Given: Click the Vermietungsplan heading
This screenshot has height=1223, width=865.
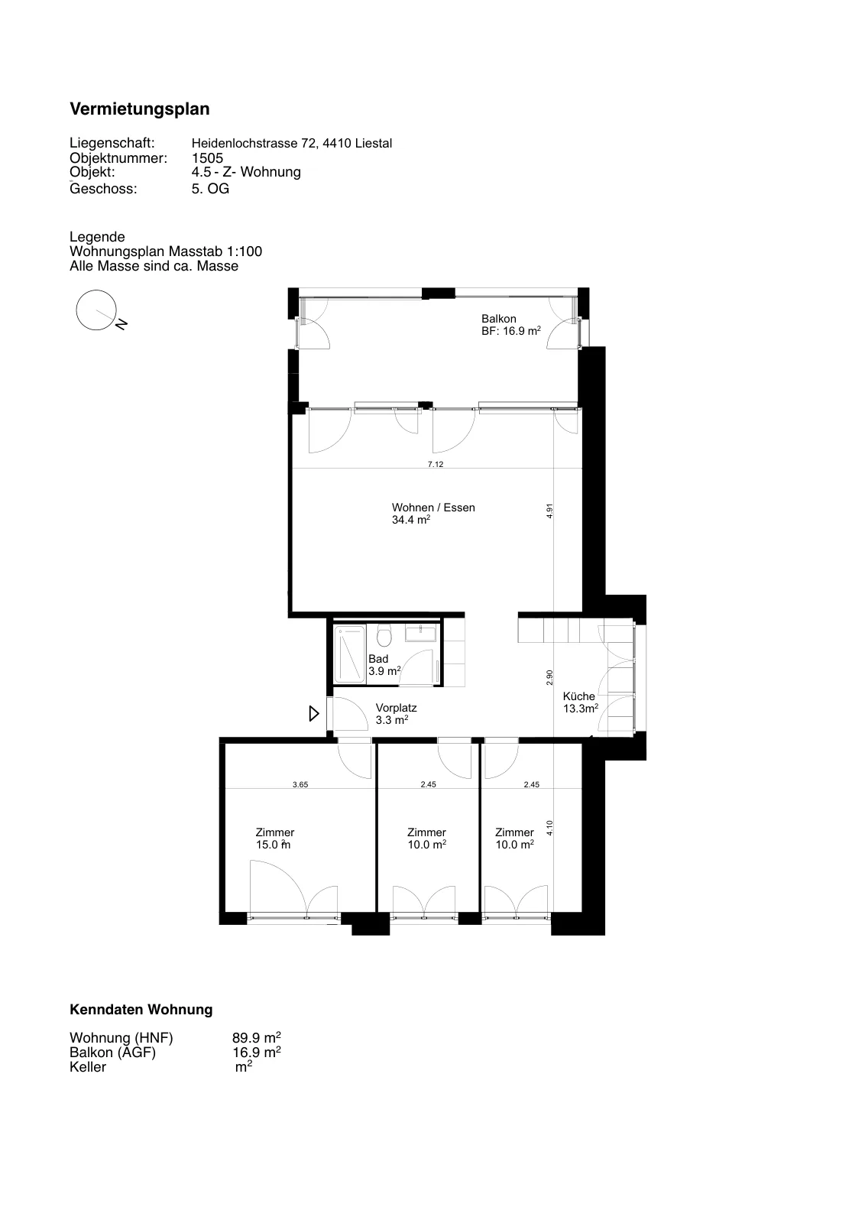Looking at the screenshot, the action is pyautogui.click(x=140, y=109).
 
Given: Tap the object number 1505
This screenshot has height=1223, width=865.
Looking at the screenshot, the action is pyautogui.click(x=207, y=157).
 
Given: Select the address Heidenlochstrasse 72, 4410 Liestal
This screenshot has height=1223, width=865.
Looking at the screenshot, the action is pyautogui.click(x=292, y=144).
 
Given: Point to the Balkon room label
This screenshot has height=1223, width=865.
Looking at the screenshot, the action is pyautogui.click(x=499, y=319).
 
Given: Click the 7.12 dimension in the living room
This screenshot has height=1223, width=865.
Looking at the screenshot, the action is pyautogui.click(x=436, y=465).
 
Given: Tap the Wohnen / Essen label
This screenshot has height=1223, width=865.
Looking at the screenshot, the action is pyautogui.click(x=433, y=508).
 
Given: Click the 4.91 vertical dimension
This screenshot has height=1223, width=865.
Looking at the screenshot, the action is pyautogui.click(x=550, y=511).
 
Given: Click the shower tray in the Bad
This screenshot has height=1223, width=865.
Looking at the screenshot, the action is pyautogui.click(x=349, y=654).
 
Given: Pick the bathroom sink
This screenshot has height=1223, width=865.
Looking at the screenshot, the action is pyautogui.click(x=420, y=634).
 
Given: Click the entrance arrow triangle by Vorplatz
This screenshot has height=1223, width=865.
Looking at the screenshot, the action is pyautogui.click(x=314, y=714).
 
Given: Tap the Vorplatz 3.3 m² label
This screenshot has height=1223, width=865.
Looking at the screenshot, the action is pyautogui.click(x=397, y=714).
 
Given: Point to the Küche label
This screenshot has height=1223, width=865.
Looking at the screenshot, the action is pyautogui.click(x=579, y=696).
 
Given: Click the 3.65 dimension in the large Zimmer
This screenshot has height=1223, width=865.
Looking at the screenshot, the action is pyautogui.click(x=300, y=784).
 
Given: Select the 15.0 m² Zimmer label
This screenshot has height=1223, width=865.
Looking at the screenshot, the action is pyautogui.click(x=274, y=839).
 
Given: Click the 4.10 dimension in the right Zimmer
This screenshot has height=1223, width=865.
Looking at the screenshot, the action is pyautogui.click(x=550, y=828).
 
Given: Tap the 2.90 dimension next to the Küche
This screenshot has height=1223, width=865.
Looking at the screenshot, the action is pyautogui.click(x=550, y=677).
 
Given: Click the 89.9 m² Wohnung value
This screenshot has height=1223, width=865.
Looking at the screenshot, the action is pyautogui.click(x=257, y=1037).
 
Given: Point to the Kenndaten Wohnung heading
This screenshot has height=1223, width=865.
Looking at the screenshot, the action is pyautogui.click(x=141, y=1010).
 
